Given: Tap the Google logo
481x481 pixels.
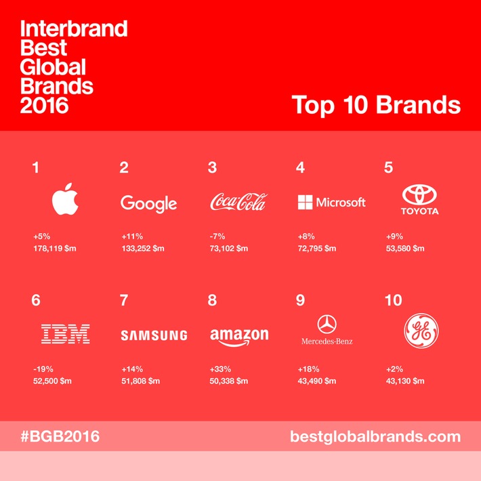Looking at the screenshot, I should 148,203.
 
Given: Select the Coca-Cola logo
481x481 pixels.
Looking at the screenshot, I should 238,202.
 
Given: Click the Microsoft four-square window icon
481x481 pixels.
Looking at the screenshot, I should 305,202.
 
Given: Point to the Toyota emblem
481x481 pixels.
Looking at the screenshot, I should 421,196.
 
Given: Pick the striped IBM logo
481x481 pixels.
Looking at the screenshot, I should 66,333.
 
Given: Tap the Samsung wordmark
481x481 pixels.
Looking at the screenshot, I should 154,335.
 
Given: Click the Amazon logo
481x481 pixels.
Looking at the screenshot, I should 239,336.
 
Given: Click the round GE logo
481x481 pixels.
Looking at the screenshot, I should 421,332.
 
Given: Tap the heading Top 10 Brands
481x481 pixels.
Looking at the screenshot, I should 376,105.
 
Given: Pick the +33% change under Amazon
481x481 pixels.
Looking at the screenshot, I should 220,370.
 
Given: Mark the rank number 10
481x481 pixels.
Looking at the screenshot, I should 393,300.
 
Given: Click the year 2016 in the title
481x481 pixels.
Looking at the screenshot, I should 45,105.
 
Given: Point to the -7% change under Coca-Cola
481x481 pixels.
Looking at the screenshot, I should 217,237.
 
